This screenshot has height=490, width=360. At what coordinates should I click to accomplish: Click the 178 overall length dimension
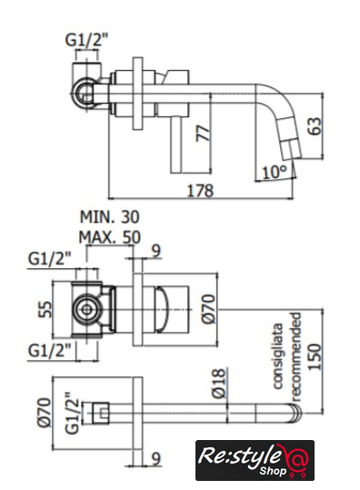200,190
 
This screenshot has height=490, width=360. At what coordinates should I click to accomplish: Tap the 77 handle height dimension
204,134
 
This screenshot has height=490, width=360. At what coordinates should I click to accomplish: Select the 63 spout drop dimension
315,126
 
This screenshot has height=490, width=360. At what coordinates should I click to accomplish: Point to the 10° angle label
275,172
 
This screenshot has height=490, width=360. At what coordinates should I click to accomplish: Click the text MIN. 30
109,217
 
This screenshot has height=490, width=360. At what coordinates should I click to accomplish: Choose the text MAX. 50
109,237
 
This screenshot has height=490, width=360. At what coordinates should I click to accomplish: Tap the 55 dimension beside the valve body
45,309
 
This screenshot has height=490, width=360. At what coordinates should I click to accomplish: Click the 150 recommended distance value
315,357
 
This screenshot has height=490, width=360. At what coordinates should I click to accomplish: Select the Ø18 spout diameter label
219,383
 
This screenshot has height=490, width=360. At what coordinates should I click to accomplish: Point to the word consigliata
277,355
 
